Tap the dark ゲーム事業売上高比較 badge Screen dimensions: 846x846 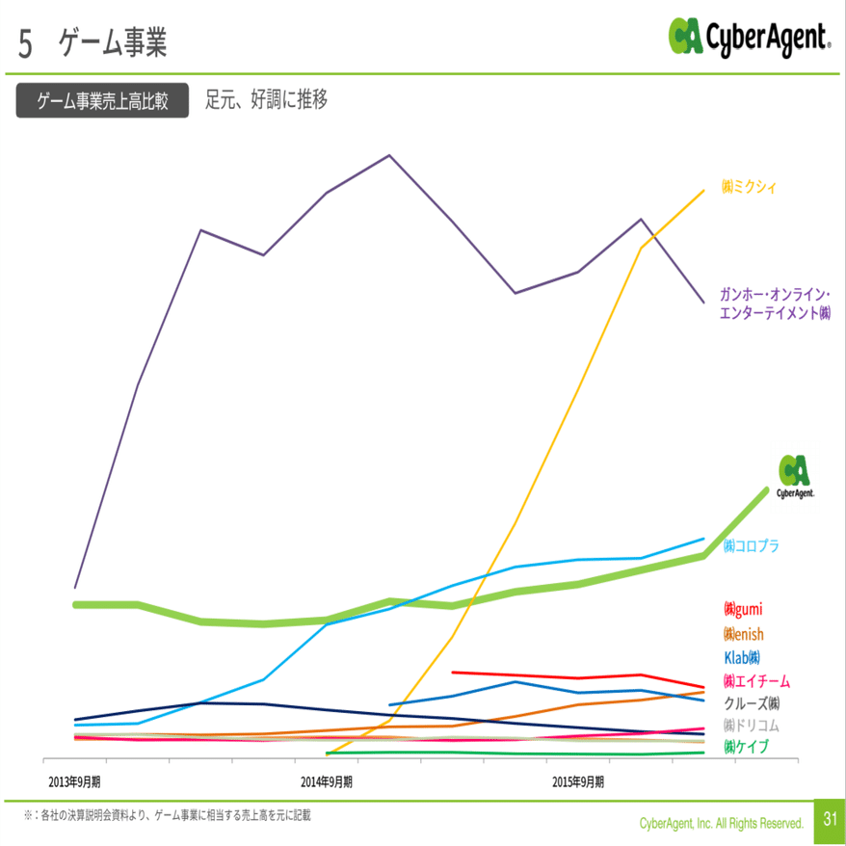coord(103,101)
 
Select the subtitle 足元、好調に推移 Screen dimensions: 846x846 coord(266,99)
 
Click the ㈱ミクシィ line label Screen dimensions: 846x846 coord(749,187)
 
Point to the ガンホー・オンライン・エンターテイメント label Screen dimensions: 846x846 coord(775,304)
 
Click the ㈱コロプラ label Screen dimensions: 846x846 coord(751,545)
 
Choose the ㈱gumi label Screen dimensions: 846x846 coord(743,609)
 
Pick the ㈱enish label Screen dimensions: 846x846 coord(743,634)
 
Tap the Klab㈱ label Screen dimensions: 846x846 coord(742,657)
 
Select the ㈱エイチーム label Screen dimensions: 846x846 coord(756,680)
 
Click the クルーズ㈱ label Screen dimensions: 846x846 coord(752,702)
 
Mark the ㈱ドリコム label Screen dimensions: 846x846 coord(751,725)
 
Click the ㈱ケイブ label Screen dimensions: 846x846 coord(746,747)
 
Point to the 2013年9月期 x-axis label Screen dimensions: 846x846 coord(74,780)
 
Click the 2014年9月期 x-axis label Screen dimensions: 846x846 coord(326,780)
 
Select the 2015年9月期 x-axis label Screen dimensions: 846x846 coord(578,780)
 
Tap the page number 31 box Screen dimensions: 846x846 coord(829,819)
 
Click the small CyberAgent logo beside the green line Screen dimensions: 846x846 coord(795,476)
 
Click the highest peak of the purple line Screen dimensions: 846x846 coord(389,155)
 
